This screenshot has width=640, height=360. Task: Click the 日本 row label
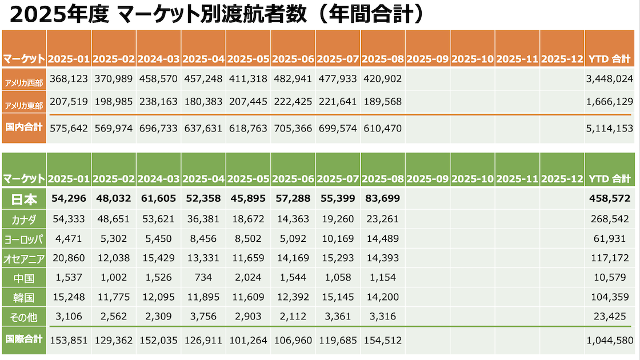click(x=24, y=199)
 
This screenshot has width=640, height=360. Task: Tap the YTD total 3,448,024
click(x=610, y=78)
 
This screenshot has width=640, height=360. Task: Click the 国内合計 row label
click(x=24, y=127)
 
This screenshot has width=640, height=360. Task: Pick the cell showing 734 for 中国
click(x=203, y=278)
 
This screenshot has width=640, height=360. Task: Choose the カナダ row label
click(x=24, y=219)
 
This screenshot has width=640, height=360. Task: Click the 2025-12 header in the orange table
click(x=562, y=59)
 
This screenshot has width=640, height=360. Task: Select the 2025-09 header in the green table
click(x=427, y=178)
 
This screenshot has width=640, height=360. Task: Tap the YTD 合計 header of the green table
click(x=610, y=178)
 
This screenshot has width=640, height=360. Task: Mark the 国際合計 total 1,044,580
click(x=610, y=340)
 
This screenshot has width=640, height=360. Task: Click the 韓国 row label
click(x=24, y=297)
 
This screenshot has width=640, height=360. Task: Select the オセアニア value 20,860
click(x=69, y=258)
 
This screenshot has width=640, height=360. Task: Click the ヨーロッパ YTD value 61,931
click(x=615, y=239)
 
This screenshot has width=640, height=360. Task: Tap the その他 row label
click(x=24, y=316)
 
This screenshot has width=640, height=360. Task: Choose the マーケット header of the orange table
click(x=24, y=59)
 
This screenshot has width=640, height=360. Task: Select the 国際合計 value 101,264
click(x=248, y=340)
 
